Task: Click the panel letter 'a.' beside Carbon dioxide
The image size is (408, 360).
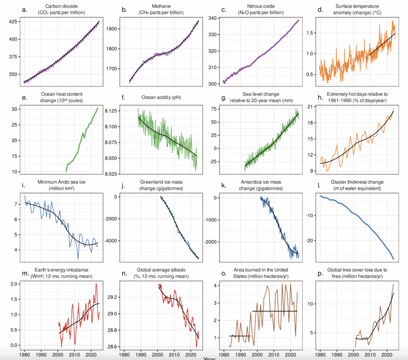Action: (24, 10)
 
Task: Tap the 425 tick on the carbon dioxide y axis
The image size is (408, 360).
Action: (13, 22)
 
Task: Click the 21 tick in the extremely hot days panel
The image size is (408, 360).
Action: (312, 107)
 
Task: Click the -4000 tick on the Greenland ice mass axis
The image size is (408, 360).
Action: (111, 241)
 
